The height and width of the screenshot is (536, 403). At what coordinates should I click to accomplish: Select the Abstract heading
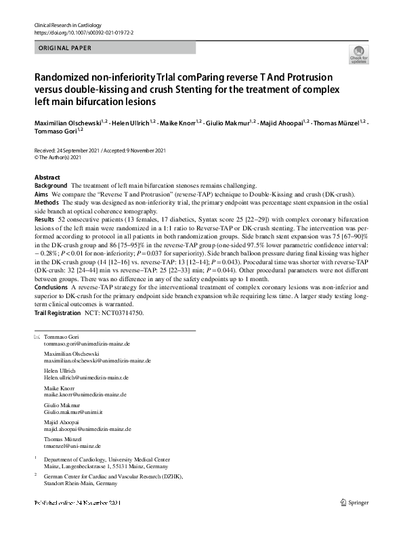pyautogui.click(x=47, y=177)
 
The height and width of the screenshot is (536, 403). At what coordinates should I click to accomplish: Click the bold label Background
pyautogui.click(x=51, y=185)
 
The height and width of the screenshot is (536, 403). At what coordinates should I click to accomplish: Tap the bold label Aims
pyautogui.click(x=41, y=194)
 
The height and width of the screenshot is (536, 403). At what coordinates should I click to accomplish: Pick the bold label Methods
pyautogui.click(x=47, y=202)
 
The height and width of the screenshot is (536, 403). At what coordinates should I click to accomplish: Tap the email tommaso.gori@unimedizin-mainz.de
pyautogui.click(x=88, y=344)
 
